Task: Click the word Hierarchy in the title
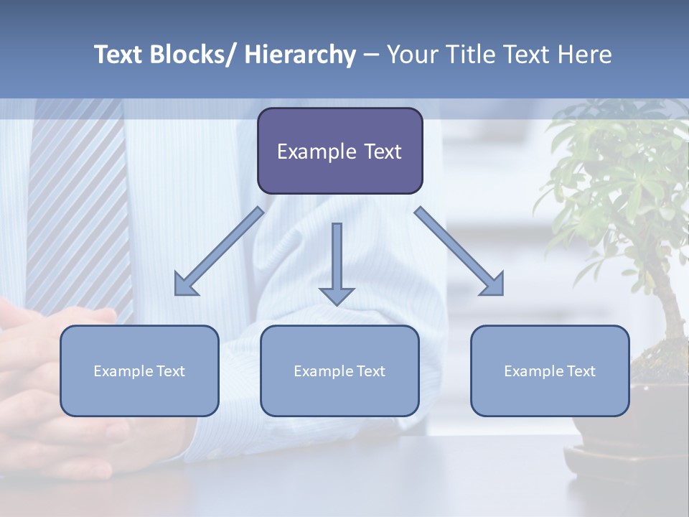click(x=299, y=55)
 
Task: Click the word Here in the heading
click(x=586, y=55)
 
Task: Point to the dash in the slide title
click(x=371, y=56)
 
